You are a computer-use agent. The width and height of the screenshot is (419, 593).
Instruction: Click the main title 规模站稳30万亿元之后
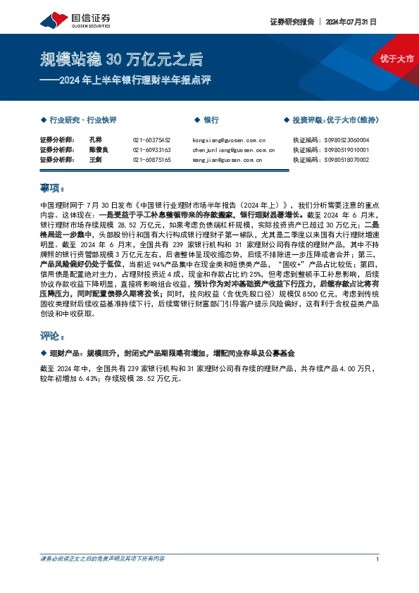tap(121, 58)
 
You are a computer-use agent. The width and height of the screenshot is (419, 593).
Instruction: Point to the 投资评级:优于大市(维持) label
tap(334, 120)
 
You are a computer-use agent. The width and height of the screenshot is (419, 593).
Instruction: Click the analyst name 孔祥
tap(96, 140)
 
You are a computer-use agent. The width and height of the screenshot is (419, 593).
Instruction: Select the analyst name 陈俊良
tap(98, 150)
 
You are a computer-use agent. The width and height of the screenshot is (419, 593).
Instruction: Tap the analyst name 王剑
tap(96, 160)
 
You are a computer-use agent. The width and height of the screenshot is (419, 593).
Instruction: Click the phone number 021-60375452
tap(151, 140)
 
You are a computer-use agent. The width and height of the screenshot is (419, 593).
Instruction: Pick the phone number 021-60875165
tap(151, 160)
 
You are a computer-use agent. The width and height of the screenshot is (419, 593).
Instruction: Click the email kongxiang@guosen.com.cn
tap(228, 140)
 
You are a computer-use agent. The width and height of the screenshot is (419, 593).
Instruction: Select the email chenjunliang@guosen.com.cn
tap(232, 150)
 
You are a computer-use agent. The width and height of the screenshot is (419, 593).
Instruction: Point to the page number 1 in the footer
tap(378, 558)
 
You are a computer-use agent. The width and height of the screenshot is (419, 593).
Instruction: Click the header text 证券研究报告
tap(292, 21)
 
